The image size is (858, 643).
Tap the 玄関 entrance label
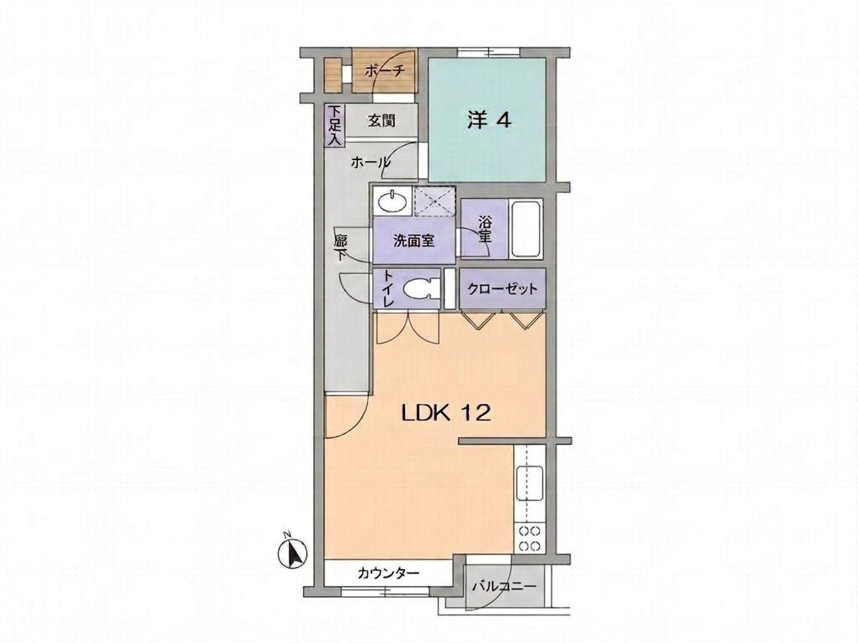point(381,121)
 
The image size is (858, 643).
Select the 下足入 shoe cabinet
point(335,125)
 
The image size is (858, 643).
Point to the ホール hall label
point(370,162)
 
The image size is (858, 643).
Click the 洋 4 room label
point(489,121)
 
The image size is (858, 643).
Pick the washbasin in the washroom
point(392,201)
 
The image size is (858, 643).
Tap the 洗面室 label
point(414,241)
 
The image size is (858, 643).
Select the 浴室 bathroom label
point(484,230)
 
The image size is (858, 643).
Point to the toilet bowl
point(419,288)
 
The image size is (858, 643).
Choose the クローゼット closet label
point(503,288)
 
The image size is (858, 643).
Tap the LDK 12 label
point(446,413)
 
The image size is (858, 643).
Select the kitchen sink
point(530,484)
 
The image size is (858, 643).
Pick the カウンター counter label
point(388,573)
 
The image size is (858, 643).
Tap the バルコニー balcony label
point(503,587)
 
